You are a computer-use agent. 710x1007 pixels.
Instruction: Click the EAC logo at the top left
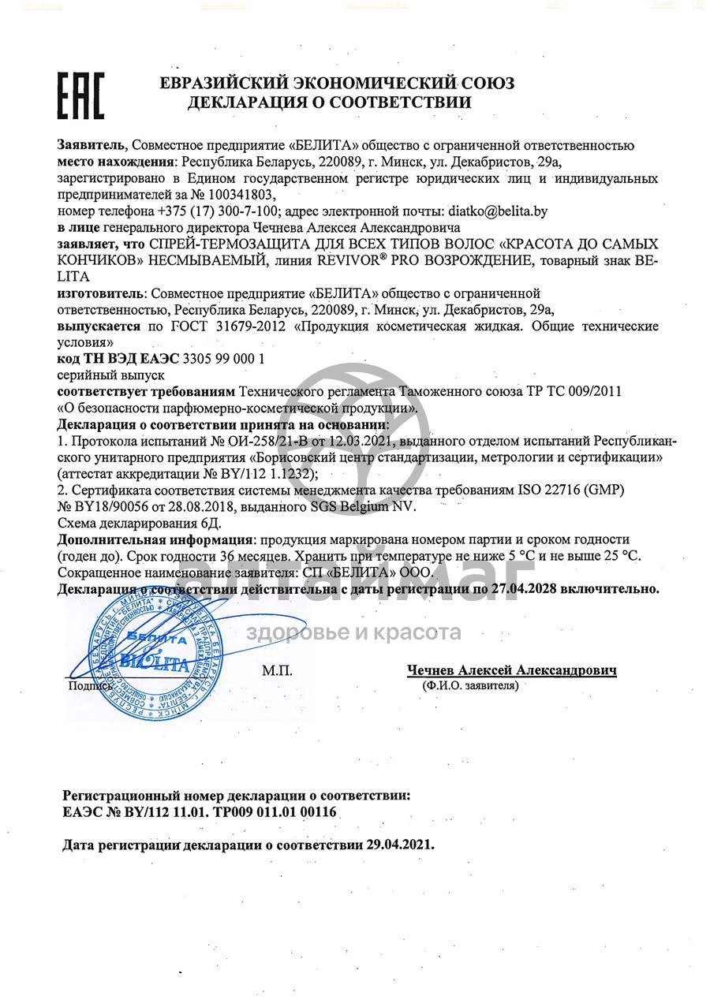pyautogui.click(x=80, y=95)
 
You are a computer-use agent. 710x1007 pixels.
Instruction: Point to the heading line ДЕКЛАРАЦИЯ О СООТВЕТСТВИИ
pyautogui.click(x=329, y=103)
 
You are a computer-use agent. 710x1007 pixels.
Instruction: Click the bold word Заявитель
pyautogui.click(x=91, y=144)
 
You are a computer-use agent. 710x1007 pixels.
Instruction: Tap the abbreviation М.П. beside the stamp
pyautogui.click(x=277, y=671)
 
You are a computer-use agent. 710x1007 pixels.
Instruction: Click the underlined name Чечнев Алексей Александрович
pyautogui.click(x=511, y=669)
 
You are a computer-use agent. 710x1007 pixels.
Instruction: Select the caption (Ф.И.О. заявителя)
pyautogui.click(x=470, y=686)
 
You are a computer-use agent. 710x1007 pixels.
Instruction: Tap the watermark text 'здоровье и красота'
pyautogui.click(x=353, y=632)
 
